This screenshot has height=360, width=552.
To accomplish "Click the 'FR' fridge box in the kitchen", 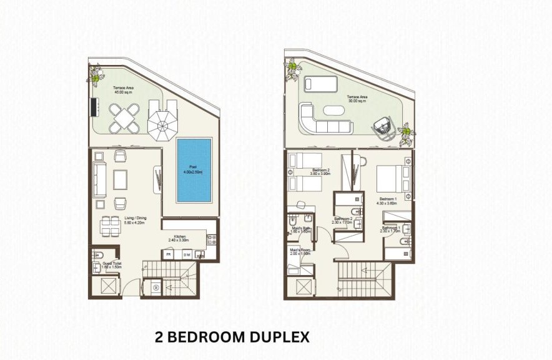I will pyautogui.click(x=169, y=254).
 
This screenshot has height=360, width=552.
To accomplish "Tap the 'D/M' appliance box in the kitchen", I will pyautogui.click(x=185, y=254).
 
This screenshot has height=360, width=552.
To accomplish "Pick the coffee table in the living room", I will pyautogui.click(x=121, y=179).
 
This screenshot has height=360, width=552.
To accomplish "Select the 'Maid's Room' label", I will pyautogui.click(x=301, y=251).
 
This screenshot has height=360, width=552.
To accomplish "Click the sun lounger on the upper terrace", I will pyautogui.click(x=319, y=84).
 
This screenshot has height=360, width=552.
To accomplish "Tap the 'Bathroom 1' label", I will pyautogui.click(x=391, y=229).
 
